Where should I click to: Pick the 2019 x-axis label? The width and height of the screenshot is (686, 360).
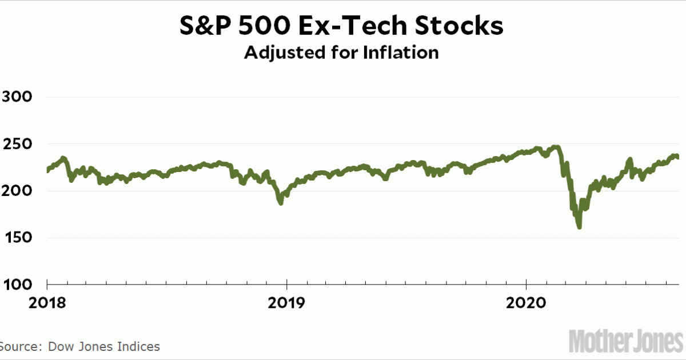point(286,302)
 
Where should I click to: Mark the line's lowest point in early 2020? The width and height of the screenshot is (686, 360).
point(579,227)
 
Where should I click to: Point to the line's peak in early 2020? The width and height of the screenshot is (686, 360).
point(556,147)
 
